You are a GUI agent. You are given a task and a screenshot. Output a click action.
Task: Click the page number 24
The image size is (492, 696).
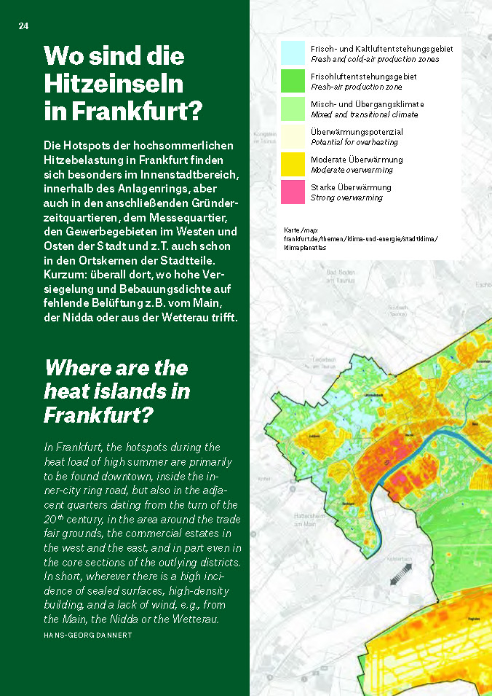pos(23,26)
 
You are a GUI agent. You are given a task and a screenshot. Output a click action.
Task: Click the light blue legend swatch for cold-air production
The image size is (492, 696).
pos(293,52)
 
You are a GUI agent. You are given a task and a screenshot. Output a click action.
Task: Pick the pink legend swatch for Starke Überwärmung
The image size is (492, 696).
pos(293,192)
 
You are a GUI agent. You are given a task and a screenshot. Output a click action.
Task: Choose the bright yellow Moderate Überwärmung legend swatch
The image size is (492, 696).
pos(293,164)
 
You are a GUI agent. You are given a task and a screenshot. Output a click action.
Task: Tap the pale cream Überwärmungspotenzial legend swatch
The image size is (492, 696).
pos(293,136)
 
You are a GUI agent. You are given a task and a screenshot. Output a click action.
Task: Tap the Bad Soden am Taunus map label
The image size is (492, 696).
pos(341,280)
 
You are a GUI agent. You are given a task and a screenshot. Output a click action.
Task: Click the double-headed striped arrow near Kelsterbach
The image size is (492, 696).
pos(400,577)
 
